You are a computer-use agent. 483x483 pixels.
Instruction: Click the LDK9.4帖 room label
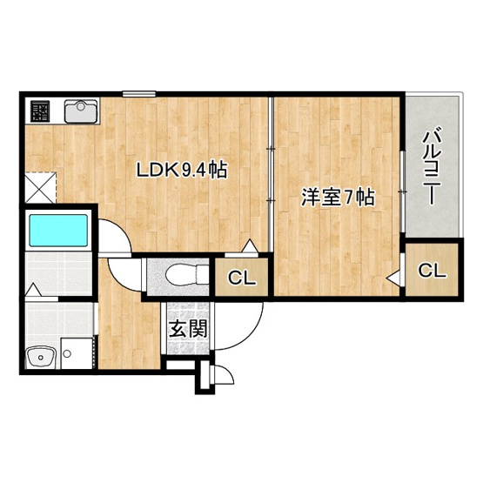pos(182,170)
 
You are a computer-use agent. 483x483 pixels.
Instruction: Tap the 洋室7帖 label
pos(338,198)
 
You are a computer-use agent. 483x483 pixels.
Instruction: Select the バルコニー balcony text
pos(433,168)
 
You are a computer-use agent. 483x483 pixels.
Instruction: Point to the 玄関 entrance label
pos(188,329)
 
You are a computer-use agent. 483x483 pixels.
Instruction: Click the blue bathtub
pos(58,230)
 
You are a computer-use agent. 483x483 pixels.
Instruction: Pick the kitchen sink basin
pos(81,111)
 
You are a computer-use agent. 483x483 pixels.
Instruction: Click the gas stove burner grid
pos(40,111)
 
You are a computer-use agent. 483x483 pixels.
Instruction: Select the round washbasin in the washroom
pos(41,358)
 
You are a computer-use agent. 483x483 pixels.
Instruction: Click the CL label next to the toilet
pos(242,278)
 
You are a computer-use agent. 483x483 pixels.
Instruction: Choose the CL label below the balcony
pos(432,271)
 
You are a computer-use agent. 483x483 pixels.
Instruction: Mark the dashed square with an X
pos(41,188)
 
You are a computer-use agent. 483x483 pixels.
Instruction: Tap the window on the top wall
pos(139,94)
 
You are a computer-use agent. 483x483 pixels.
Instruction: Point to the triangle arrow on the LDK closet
pos(249,245)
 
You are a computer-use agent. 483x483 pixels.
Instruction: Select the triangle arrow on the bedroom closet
pos(393,278)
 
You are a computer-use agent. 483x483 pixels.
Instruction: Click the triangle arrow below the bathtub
pos(33,290)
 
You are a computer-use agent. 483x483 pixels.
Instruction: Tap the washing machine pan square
pos(77,353)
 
